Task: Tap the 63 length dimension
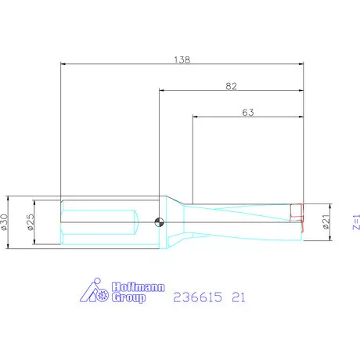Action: pos(247,113)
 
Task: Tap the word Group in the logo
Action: pos(129,297)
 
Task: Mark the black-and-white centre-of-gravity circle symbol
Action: pos(160,222)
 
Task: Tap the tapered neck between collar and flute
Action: pos(176,222)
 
